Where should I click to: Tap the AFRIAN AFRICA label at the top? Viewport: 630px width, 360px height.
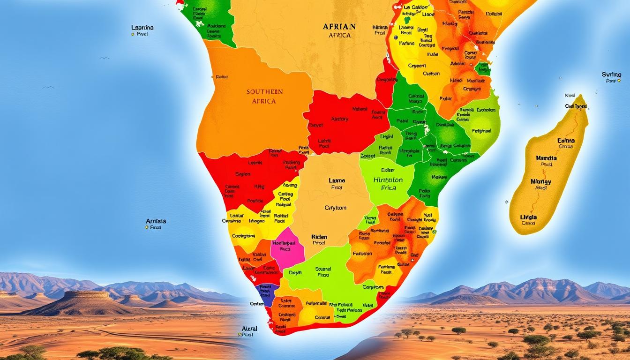(339, 30)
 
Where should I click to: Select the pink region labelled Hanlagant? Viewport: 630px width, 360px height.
(285, 246)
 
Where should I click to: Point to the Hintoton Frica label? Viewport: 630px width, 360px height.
(388, 183)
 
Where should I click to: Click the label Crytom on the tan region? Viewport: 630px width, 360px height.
(336, 208)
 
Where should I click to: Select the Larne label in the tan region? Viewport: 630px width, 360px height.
(337, 180)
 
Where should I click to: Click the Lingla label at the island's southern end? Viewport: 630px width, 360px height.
(528, 217)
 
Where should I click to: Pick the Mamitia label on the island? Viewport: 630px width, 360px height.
(546, 158)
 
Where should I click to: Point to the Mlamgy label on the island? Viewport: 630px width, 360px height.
(541, 181)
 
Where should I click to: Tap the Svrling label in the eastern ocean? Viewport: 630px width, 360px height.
(611, 75)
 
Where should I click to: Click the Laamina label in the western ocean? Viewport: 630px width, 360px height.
(142, 28)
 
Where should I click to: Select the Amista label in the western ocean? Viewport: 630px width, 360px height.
(156, 221)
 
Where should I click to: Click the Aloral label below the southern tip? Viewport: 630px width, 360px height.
(249, 329)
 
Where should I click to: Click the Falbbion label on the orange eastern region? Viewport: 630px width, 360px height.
(362, 253)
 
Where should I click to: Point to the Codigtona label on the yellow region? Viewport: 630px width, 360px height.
(244, 236)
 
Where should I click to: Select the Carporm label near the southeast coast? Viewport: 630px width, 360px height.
(373, 287)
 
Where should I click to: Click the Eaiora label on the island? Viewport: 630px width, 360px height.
(566, 140)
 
